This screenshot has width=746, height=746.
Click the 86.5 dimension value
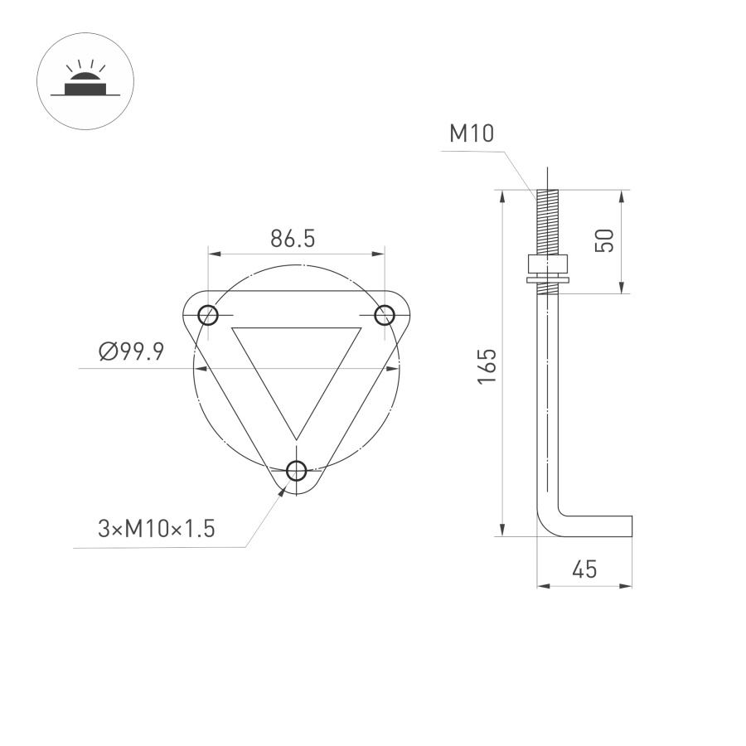[x=293, y=239]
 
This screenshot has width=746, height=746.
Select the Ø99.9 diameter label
[x=130, y=352]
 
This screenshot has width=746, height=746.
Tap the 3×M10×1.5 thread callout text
[x=157, y=529]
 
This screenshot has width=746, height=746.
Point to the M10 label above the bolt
[x=472, y=133]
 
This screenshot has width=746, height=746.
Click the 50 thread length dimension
[x=604, y=241]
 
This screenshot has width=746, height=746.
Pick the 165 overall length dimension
[x=487, y=366]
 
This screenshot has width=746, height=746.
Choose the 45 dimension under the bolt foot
[x=584, y=569]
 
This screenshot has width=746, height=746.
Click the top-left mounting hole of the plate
[x=207, y=315]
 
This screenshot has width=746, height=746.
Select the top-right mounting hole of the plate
[x=385, y=315]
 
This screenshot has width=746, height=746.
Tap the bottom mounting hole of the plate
[x=296, y=471]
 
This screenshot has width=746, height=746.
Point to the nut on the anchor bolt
[x=547, y=264]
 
